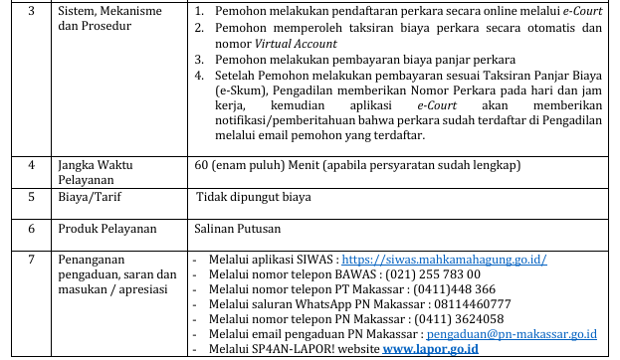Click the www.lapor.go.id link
431,349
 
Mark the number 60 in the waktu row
200,165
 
